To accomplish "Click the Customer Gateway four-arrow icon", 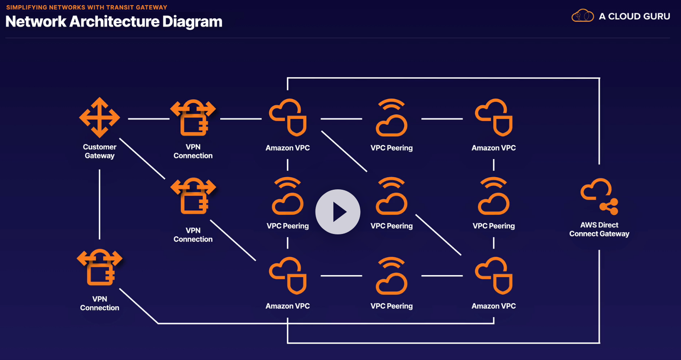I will click(x=100, y=117).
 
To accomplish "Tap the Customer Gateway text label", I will click(x=100, y=152).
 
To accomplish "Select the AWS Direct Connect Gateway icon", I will click(x=600, y=197).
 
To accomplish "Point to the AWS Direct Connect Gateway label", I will click(x=599, y=230).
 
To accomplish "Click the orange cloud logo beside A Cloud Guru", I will click(x=582, y=16).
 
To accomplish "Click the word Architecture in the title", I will click(x=114, y=22).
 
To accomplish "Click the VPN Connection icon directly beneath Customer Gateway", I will click(x=100, y=267).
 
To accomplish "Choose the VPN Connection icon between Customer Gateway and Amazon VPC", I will click(x=193, y=117).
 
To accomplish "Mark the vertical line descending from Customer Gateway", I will click(x=100, y=204).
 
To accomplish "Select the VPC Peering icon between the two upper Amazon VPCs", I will click(x=391, y=117).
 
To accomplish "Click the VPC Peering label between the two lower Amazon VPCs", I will click(x=391, y=306).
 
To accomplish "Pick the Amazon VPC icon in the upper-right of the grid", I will click(x=494, y=117).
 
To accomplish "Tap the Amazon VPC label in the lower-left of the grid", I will click(x=287, y=306).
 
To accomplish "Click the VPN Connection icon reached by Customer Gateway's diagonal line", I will click(x=193, y=196).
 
